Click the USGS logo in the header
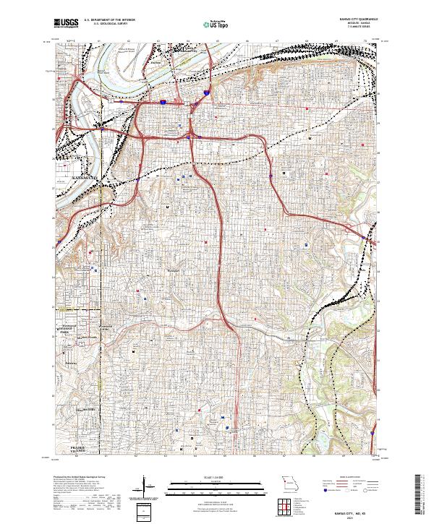66,24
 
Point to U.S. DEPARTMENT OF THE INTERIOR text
109,20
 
